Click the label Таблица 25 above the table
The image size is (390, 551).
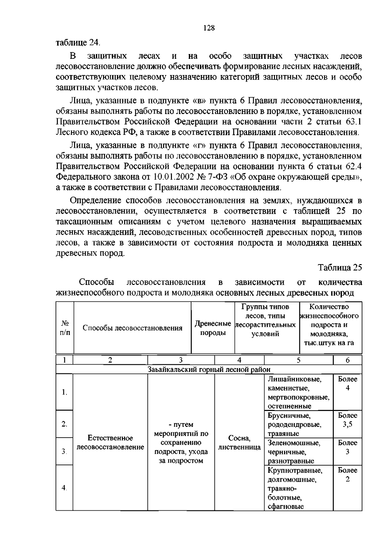click(340, 267)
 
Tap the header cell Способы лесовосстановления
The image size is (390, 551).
click(132, 328)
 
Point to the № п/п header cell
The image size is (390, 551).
click(65, 328)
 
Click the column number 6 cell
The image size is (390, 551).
click(347, 360)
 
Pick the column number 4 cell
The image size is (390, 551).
click(239, 360)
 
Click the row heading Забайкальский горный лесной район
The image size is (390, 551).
click(209, 369)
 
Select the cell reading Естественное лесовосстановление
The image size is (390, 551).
click(110, 442)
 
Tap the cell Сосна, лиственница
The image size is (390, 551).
click(239, 442)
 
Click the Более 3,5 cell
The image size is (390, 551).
click(347, 420)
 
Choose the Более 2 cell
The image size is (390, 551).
click(347, 475)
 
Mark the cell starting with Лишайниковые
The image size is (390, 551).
click(298, 392)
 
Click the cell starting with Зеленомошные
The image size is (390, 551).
click(298, 452)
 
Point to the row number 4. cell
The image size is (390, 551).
click(64, 488)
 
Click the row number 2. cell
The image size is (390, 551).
click(64, 424)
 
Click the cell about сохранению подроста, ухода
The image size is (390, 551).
click(181, 442)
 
